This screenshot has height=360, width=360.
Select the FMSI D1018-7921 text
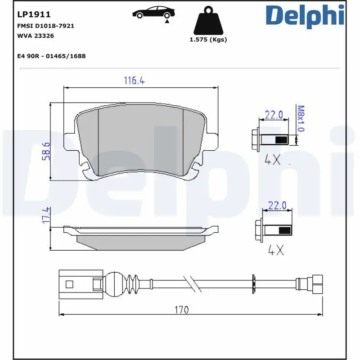pyautogui.click(x=45, y=26)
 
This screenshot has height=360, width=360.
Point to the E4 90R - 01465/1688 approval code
pyautogui.click(x=51, y=56)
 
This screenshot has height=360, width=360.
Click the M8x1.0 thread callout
pyautogui.click(x=301, y=118)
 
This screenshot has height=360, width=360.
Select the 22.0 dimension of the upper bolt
pyautogui.click(x=274, y=115)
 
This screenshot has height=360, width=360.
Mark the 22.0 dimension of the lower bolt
pyautogui.click(x=277, y=205)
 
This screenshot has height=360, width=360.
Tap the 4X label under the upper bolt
pyautogui.click(x=273, y=159)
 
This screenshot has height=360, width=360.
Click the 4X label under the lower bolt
pyautogui.click(x=275, y=250)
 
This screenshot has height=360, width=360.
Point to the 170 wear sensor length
pyautogui.click(x=182, y=310)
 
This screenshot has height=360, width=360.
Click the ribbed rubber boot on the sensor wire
pyautogui.click(x=133, y=283)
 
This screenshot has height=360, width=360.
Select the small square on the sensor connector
pyautogui.click(x=69, y=284)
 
